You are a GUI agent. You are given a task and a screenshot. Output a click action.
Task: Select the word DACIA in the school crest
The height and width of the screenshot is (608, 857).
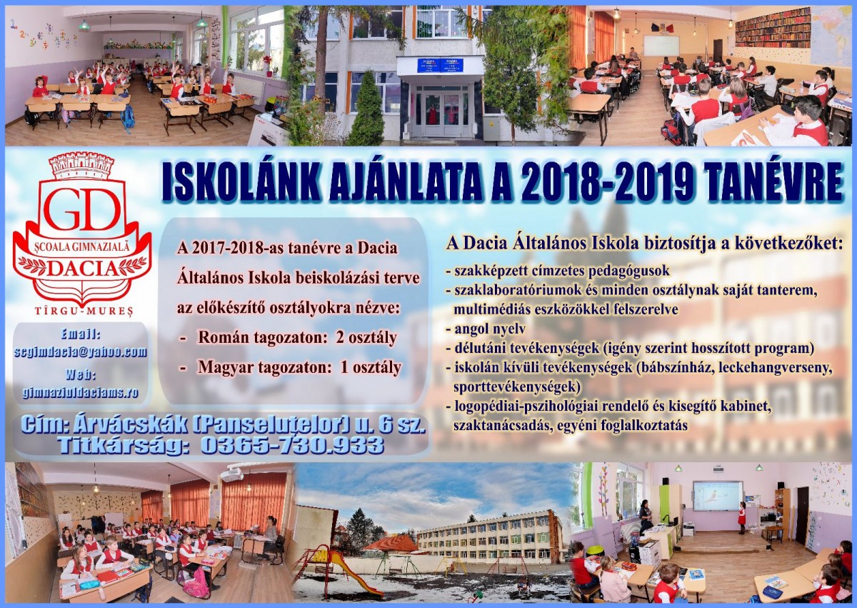pyautogui.click(x=83, y=269)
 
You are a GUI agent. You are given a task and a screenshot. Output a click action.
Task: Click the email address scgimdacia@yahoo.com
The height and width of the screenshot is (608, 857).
pyautogui.click(x=80, y=352)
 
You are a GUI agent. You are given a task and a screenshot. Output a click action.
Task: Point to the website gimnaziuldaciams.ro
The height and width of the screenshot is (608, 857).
pyautogui.click(x=80, y=392)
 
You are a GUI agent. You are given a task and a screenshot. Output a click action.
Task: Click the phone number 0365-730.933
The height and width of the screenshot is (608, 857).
pyautogui.click(x=292, y=444)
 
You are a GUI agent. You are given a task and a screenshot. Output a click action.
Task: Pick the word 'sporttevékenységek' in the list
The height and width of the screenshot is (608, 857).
pyautogui.click(x=517, y=387)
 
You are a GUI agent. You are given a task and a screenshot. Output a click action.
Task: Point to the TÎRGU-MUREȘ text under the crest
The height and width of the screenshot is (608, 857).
pyautogui.click(x=84, y=311)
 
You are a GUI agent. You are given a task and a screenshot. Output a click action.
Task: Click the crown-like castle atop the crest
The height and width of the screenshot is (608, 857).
pyautogui.click(x=82, y=165)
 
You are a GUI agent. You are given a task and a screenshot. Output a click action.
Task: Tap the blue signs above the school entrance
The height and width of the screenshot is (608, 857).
pyautogui.click(x=440, y=65)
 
